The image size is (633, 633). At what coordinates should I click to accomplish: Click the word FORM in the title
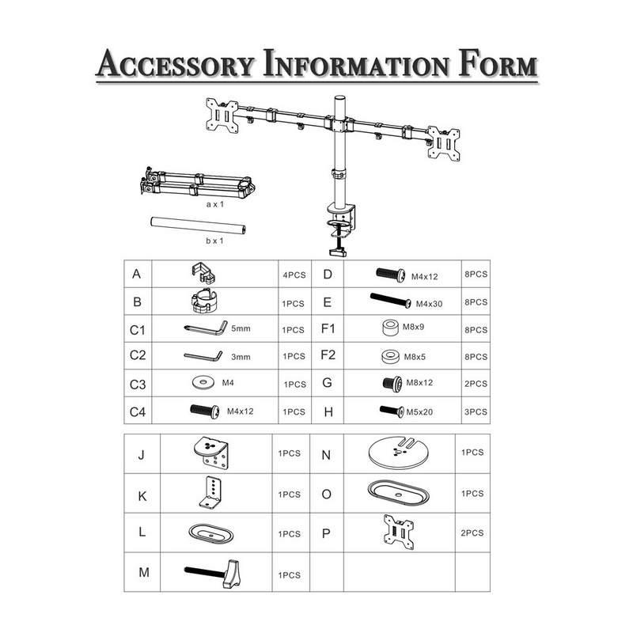pos(498,64)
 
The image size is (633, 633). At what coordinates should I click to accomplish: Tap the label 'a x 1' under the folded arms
pos(214,204)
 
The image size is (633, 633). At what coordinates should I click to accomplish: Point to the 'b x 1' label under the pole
pos(214,241)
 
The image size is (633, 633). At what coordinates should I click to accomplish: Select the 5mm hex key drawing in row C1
pos(206,328)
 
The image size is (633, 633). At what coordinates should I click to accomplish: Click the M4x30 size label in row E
pos(429,304)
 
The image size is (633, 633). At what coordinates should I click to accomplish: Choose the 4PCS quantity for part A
pos(294,275)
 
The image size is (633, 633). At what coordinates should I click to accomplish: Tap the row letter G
pos(328,383)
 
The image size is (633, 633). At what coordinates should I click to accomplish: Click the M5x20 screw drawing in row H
pos(392,411)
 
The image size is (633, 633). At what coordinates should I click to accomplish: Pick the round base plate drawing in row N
pos(399,452)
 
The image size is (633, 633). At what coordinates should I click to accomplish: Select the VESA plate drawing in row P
pos(399,532)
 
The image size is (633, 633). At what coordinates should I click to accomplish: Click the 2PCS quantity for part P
pos(472,533)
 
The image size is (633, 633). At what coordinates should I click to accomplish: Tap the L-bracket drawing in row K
pos(211,492)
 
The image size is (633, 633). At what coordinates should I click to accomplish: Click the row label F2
pos(328,354)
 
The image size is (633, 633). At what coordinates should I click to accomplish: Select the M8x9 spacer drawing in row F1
pos(390,328)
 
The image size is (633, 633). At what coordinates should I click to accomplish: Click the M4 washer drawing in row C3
pos(203,382)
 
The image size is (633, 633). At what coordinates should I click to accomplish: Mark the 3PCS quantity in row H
pos(476,411)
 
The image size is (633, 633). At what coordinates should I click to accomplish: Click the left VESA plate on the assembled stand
pos(222,116)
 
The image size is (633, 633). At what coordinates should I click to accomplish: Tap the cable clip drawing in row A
pos(203,273)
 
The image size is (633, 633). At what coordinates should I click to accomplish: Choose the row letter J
pos(142,454)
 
